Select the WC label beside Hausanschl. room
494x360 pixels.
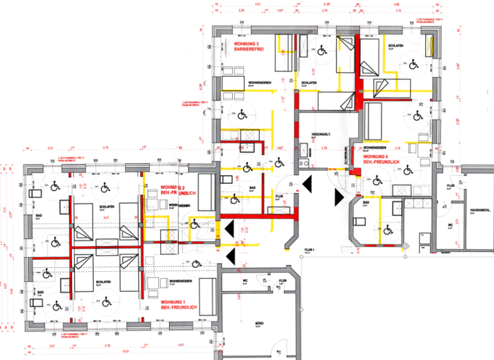(x=450, y=225)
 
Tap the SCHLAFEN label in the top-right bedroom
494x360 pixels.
(x=396, y=46)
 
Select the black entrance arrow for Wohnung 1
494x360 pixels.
(x=230, y=257)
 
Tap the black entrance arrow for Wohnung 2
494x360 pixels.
(x=230, y=228)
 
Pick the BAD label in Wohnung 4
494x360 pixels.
(x=365, y=203)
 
